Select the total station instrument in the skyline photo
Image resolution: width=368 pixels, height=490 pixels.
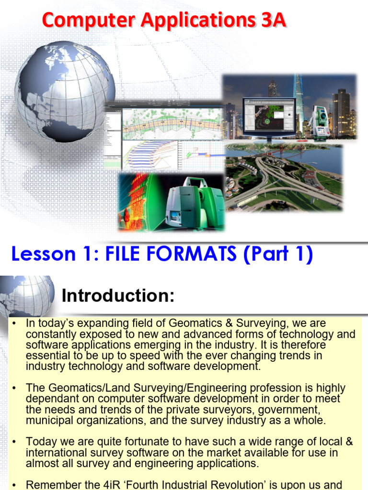[318, 120]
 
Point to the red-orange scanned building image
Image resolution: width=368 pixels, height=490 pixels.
[137, 201]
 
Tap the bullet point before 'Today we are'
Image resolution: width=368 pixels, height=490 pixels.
[15, 441]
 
